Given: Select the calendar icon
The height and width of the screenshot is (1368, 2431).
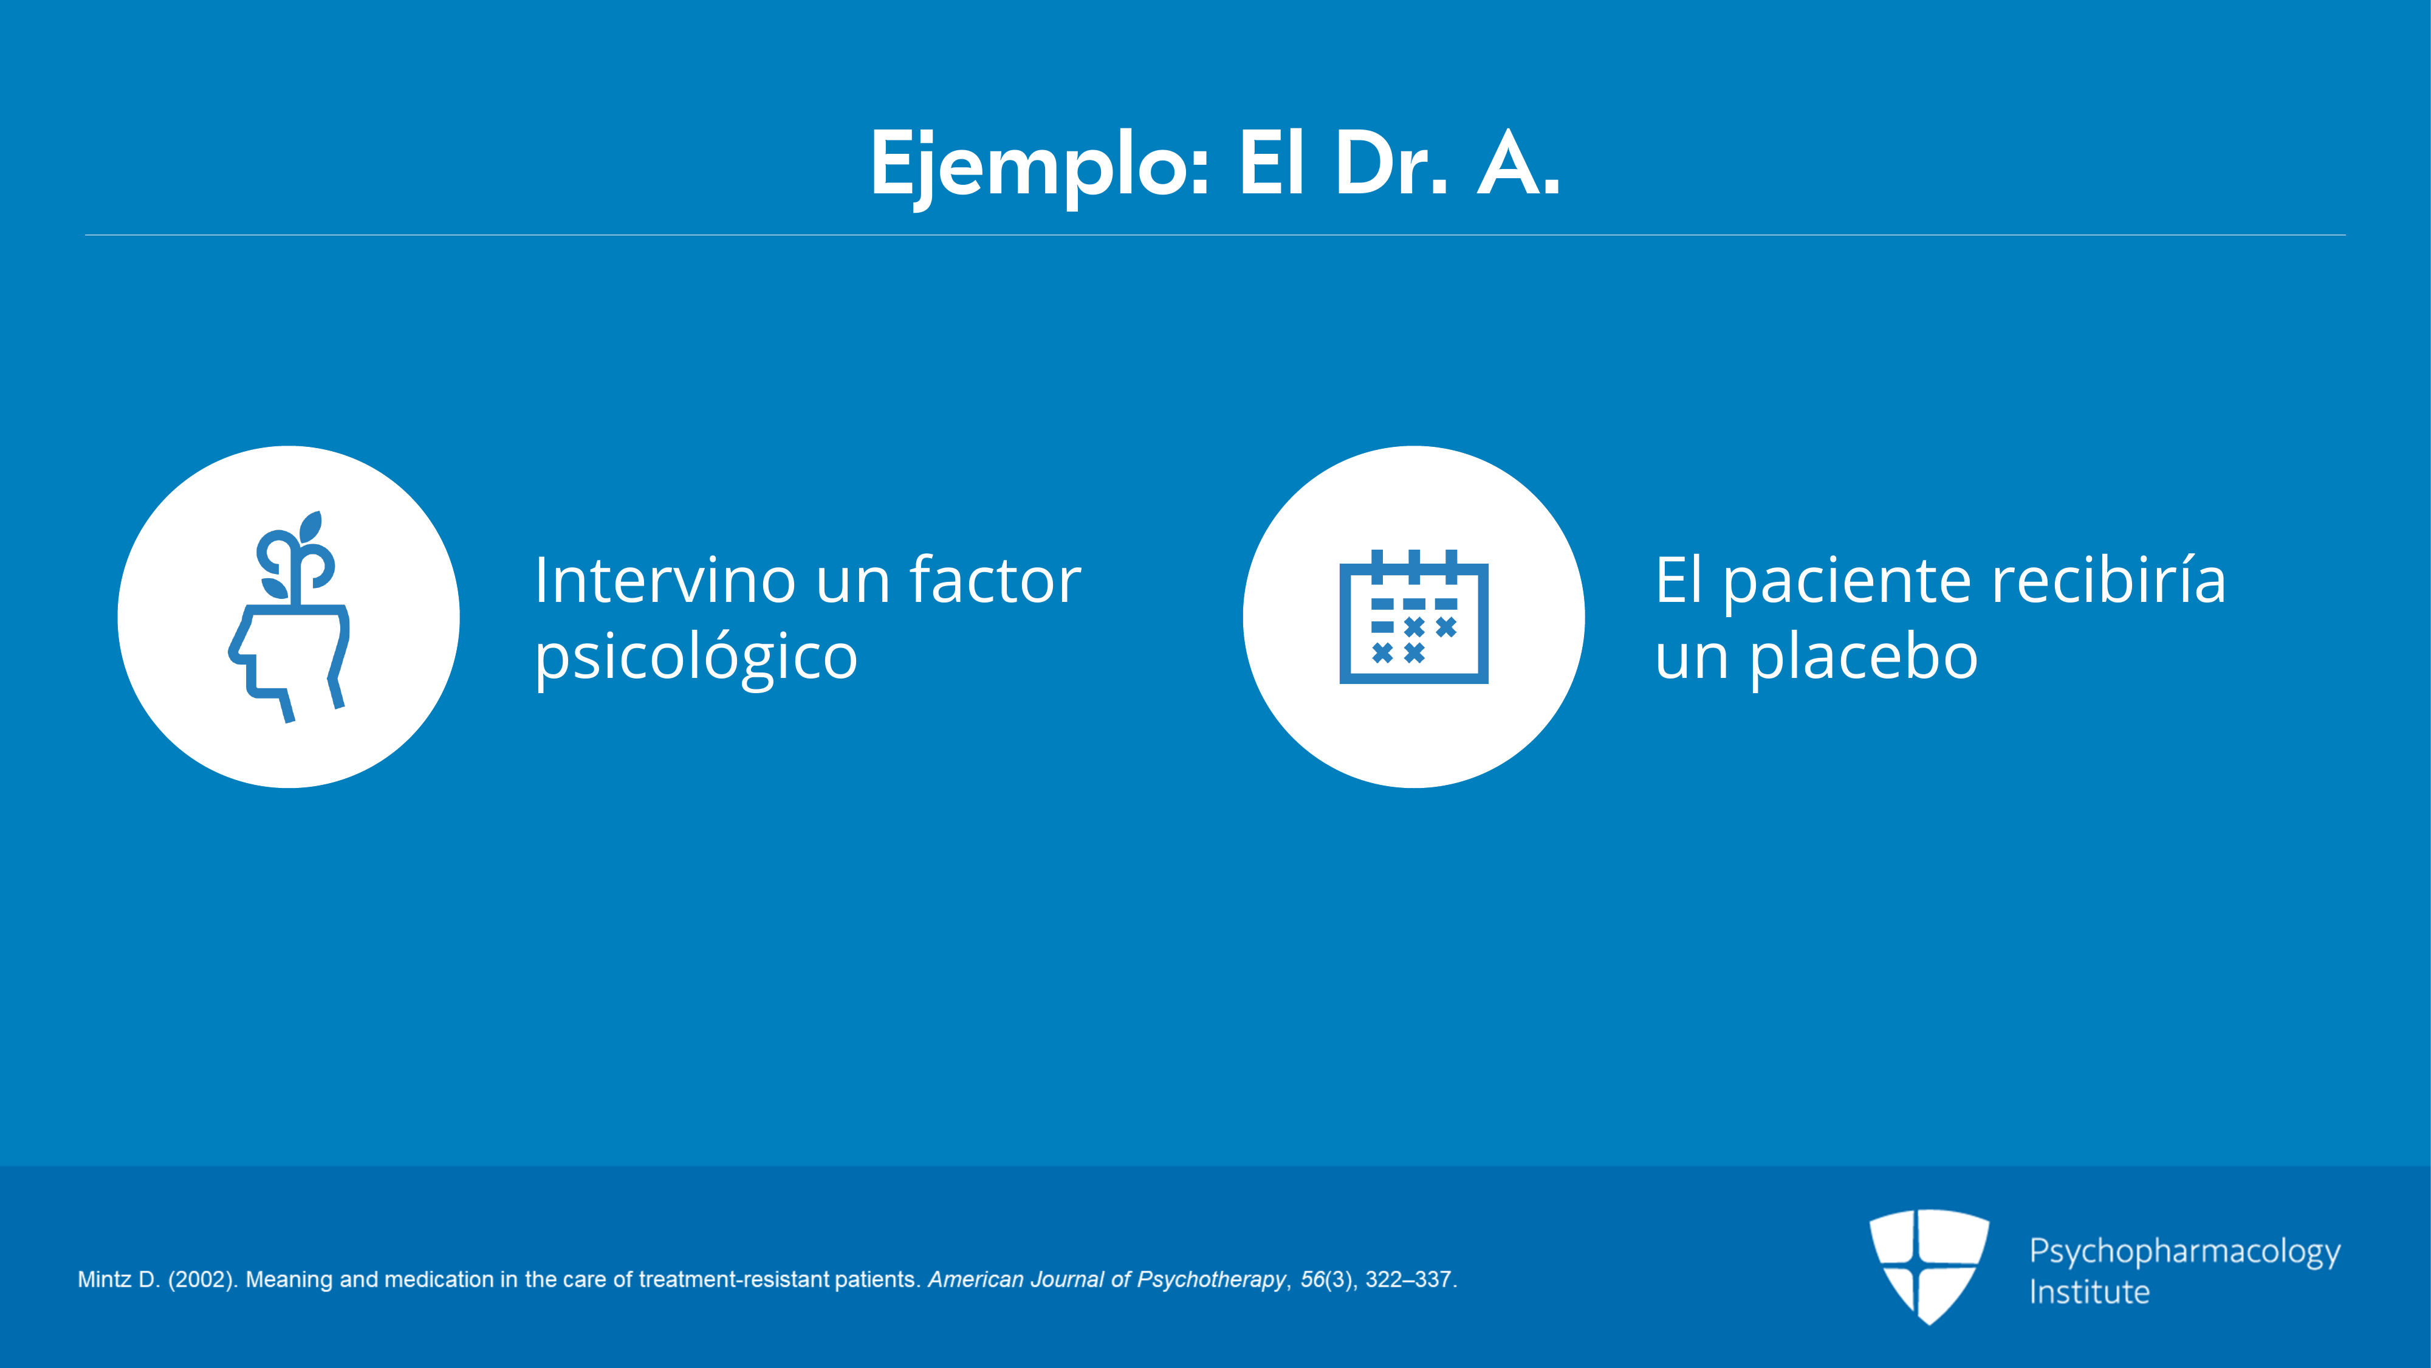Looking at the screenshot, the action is [x=1414, y=617].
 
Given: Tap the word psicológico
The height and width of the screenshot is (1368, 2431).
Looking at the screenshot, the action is [x=696, y=657].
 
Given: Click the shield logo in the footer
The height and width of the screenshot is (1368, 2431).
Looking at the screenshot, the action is [x=1929, y=1265].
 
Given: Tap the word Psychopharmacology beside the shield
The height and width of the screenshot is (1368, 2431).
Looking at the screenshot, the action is [x=2185, y=1252].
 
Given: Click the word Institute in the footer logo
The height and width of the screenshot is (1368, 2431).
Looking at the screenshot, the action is [x=2090, y=1291].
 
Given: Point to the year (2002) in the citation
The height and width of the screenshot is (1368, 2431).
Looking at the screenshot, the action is [x=202, y=1279].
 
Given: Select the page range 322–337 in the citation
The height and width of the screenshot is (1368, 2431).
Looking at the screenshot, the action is [x=1408, y=1279].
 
